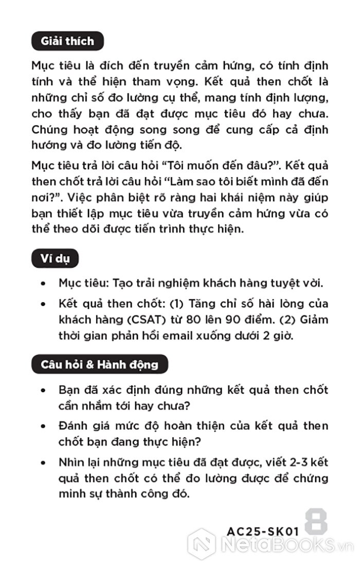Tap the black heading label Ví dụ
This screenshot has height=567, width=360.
55,259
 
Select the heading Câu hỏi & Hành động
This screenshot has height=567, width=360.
100,365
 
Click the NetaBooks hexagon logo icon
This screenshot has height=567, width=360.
201,543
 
